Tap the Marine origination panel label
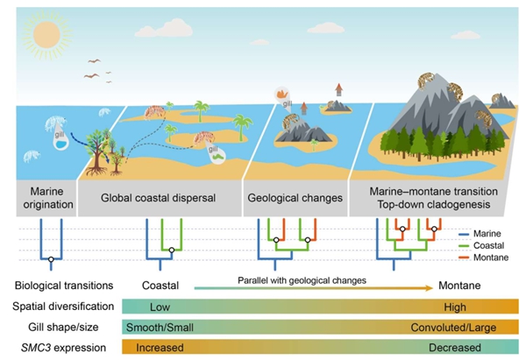click(x=43, y=199)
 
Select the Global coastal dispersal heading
click(x=159, y=199)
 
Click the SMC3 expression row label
click(x=59, y=349)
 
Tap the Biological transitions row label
click(x=65, y=285)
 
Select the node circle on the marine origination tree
click(x=51, y=260)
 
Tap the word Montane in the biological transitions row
click(x=455, y=285)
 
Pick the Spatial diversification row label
click(x=66, y=306)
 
